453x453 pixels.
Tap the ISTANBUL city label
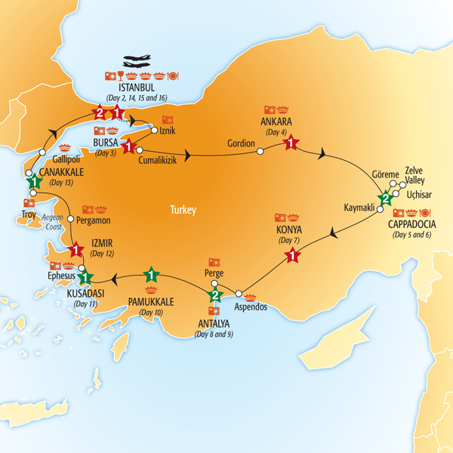point(134,88)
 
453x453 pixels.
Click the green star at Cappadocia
point(386,200)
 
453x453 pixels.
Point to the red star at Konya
point(291,257)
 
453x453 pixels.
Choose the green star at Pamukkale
point(152,276)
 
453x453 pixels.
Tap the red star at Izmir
point(75,249)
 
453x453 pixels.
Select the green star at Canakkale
point(33,182)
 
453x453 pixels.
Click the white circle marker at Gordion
point(260,151)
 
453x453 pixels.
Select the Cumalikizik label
point(162,159)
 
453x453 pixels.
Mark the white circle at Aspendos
point(238,293)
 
